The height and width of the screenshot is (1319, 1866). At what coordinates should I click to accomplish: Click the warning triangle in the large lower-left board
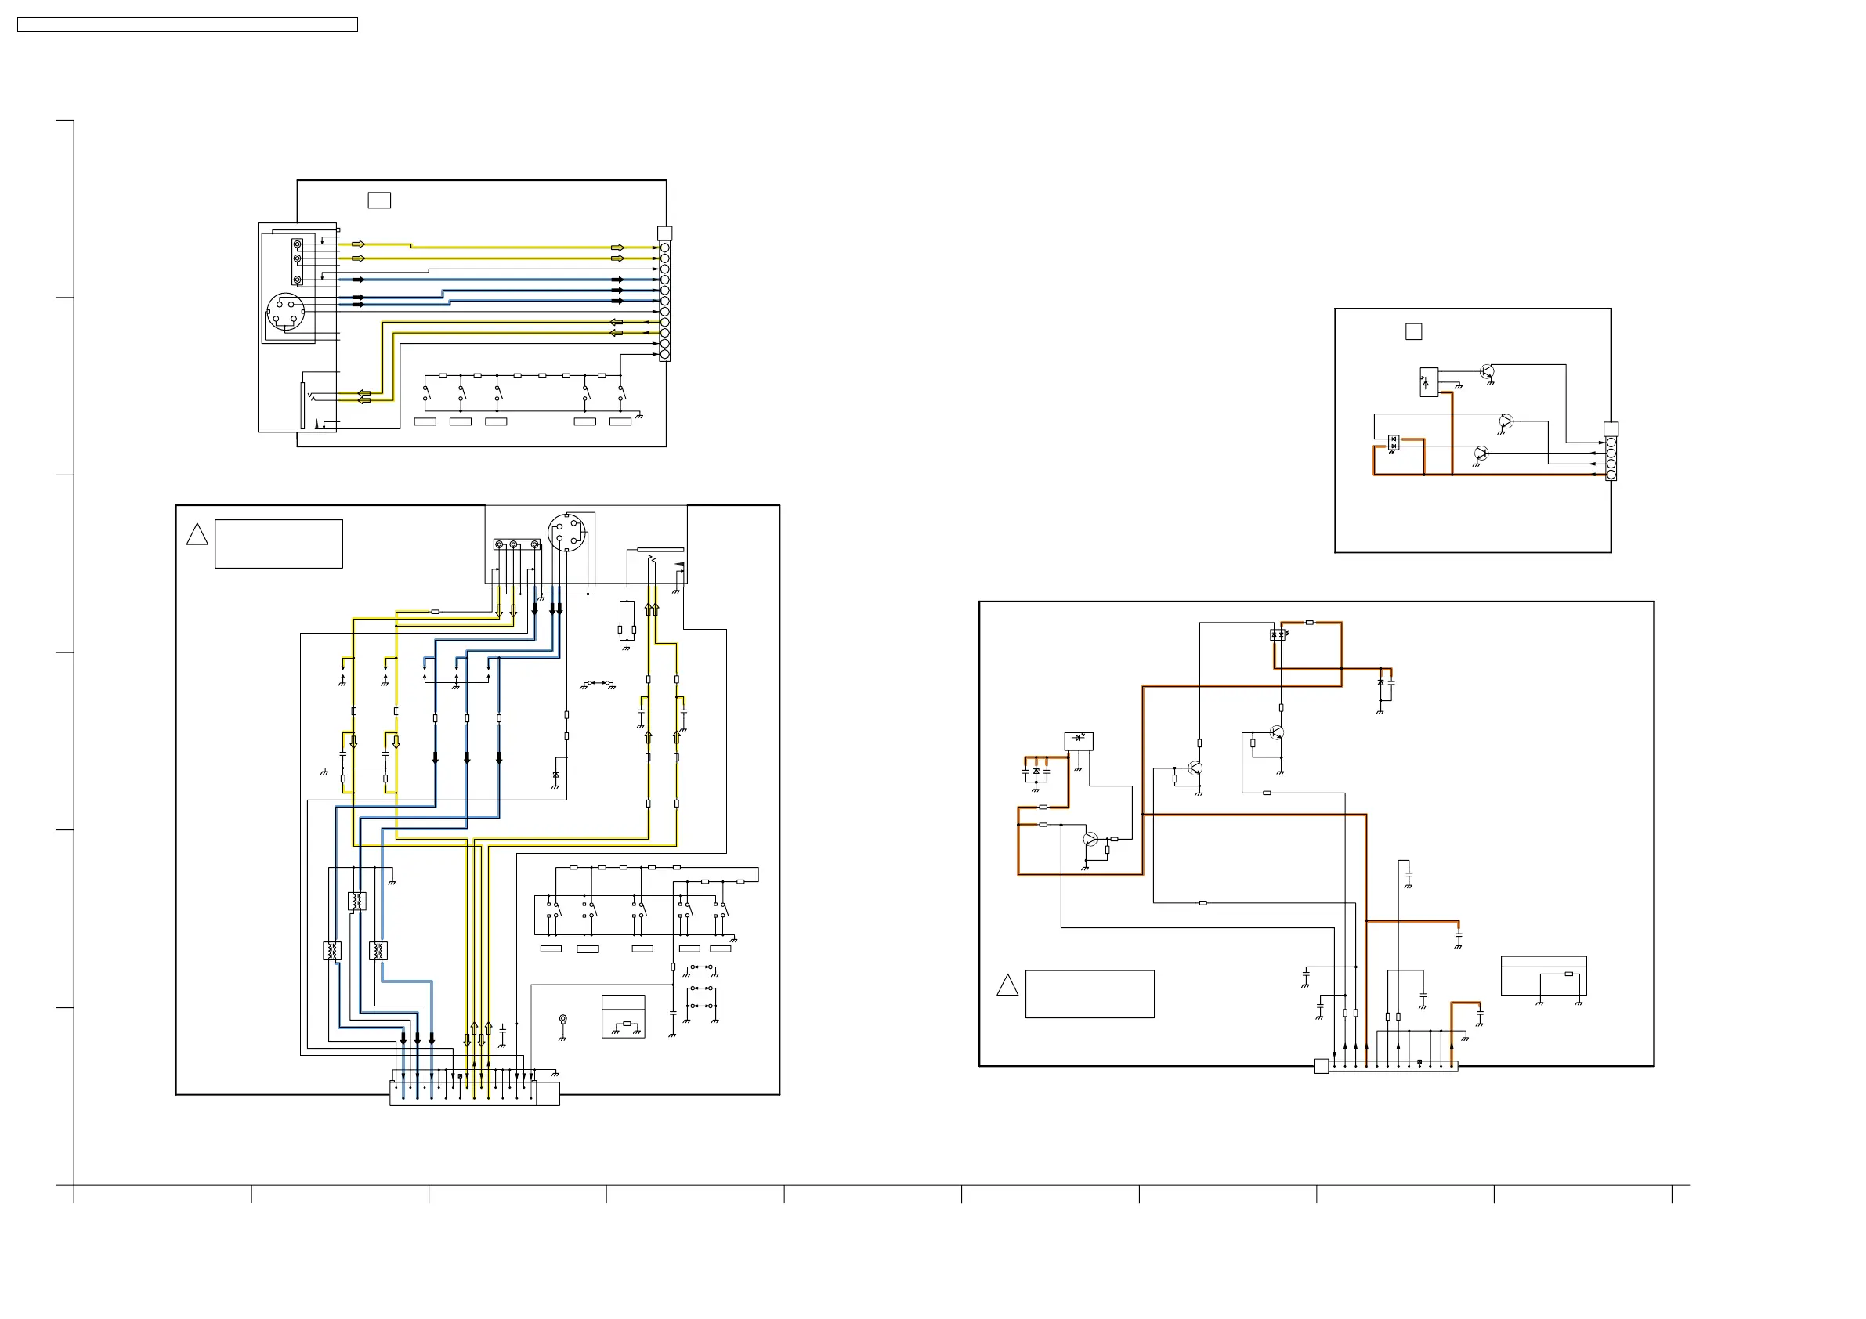pyautogui.click(x=197, y=536)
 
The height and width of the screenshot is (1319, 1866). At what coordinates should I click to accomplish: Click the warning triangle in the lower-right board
pyautogui.click(x=1007, y=986)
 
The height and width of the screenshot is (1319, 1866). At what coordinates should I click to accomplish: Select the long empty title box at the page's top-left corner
pyautogui.click(x=188, y=25)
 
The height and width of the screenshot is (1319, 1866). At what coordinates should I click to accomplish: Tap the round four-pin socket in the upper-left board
pyautogui.click(x=286, y=312)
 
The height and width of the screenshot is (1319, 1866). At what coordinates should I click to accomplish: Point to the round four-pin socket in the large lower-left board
pyautogui.click(x=566, y=533)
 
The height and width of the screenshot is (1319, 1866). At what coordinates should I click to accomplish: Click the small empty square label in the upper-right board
pyautogui.click(x=1413, y=331)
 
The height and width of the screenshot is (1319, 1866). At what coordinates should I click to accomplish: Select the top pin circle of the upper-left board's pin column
pyautogui.click(x=665, y=248)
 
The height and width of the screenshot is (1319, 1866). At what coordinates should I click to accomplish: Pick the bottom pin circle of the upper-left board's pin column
pyautogui.click(x=665, y=354)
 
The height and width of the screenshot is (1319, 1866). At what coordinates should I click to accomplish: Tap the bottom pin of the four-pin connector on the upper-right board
pyautogui.click(x=1611, y=475)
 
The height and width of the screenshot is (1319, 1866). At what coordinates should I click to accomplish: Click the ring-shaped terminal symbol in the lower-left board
pyautogui.click(x=563, y=1019)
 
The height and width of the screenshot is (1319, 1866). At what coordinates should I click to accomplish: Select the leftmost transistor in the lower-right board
pyautogui.click(x=1090, y=840)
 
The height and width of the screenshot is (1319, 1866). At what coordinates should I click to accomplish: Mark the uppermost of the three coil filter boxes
pyautogui.click(x=356, y=902)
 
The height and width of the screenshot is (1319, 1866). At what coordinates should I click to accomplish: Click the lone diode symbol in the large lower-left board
pyautogui.click(x=556, y=775)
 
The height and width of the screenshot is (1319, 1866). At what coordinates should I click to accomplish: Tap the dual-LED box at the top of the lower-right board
pyautogui.click(x=1278, y=634)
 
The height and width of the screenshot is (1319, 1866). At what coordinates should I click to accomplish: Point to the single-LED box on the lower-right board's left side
pyautogui.click(x=1079, y=740)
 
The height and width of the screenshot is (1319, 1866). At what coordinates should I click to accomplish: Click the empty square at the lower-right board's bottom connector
pyautogui.click(x=1321, y=1066)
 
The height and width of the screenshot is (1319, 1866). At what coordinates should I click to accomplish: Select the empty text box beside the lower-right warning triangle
pyautogui.click(x=1089, y=994)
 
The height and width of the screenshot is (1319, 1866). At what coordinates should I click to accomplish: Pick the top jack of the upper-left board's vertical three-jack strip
pyautogui.click(x=298, y=244)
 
